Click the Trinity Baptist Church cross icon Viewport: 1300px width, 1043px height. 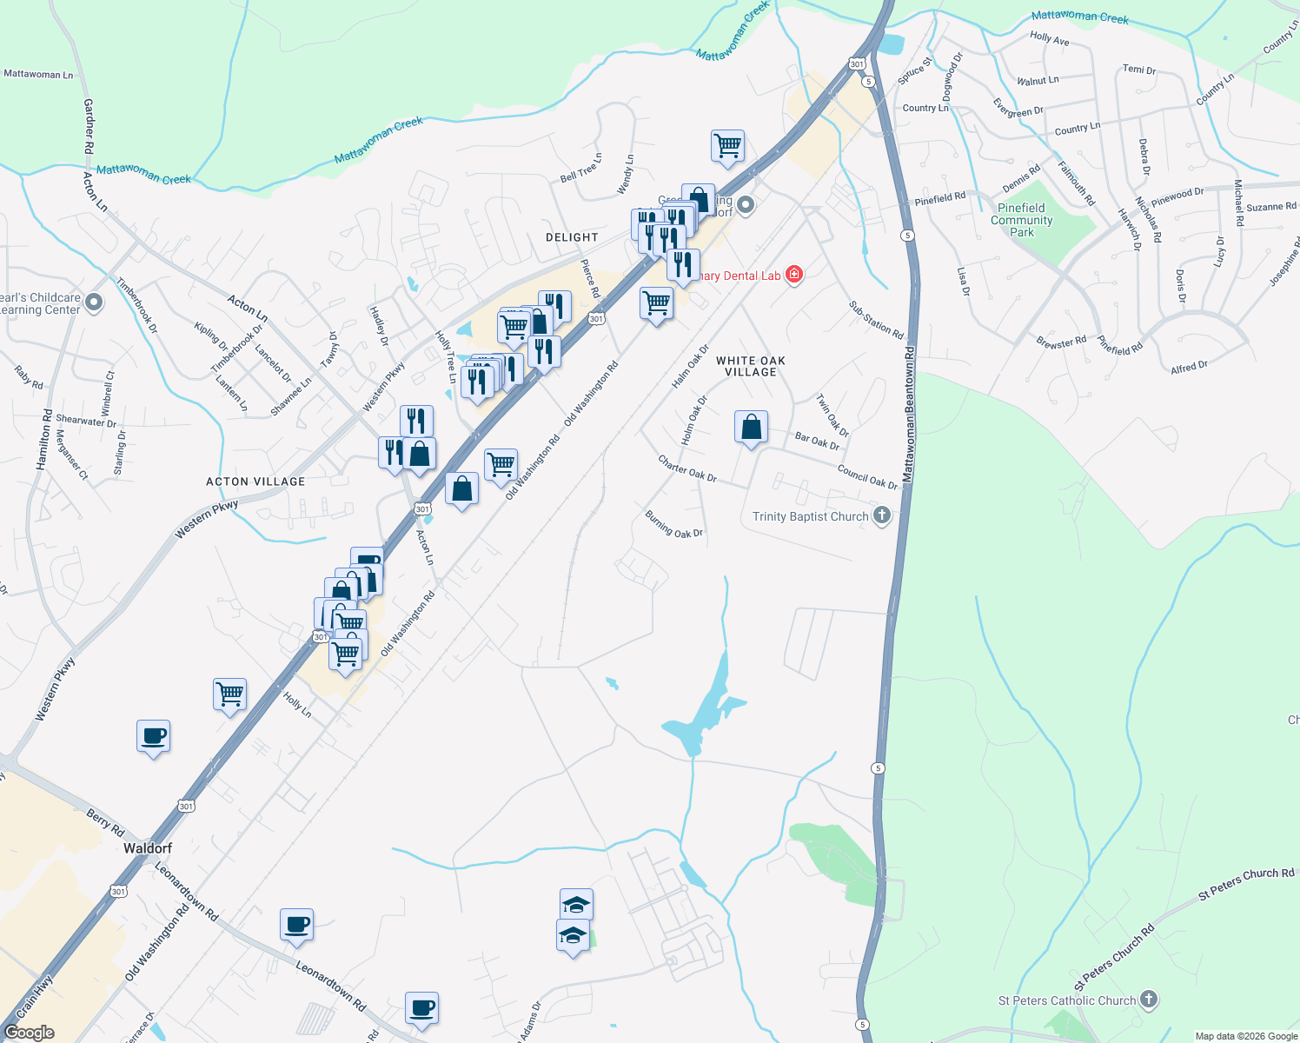[x=882, y=516]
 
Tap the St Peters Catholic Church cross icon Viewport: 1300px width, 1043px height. [x=1149, y=1000]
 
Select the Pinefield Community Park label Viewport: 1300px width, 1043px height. [x=1021, y=220]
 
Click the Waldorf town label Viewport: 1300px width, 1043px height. [x=148, y=847]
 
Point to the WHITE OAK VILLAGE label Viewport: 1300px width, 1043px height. [x=751, y=366]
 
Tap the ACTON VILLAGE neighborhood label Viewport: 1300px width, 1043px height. [x=255, y=482]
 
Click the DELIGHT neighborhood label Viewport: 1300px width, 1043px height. [x=572, y=237]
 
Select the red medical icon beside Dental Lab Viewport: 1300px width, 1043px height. [x=793, y=275]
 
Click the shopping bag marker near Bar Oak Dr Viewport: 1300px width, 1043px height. [x=751, y=428]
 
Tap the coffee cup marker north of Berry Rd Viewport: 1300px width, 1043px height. [x=154, y=737]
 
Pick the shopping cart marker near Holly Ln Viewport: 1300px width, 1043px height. [x=230, y=694]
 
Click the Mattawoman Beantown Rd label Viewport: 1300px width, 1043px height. [x=908, y=415]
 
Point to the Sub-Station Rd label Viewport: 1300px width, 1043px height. [x=876, y=321]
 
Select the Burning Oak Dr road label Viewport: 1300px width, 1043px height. [x=673, y=524]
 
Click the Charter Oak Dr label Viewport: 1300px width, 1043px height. [x=686, y=468]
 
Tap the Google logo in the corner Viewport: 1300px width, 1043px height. [x=29, y=1033]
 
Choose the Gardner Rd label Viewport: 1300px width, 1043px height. [x=89, y=127]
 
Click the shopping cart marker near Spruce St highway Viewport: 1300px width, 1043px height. [x=727, y=146]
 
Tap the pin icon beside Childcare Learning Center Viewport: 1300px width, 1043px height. [x=95, y=302]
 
